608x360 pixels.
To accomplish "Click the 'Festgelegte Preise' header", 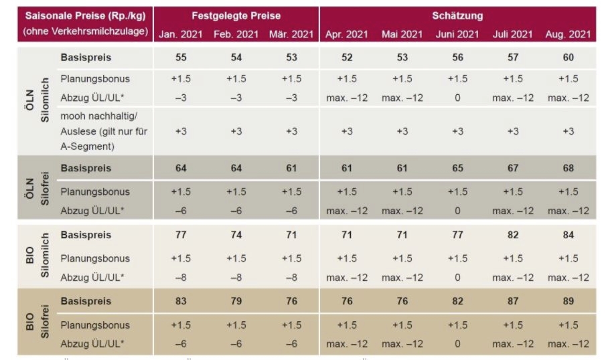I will click(x=236, y=15).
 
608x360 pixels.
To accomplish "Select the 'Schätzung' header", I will click(x=457, y=15).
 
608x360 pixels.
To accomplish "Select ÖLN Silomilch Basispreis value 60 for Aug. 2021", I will click(x=568, y=58).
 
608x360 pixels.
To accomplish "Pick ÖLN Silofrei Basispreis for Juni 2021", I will click(x=457, y=169).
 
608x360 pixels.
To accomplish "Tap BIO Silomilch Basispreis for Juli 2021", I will click(x=512, y=236).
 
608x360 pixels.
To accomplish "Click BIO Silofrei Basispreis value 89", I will click(x=568, y=302).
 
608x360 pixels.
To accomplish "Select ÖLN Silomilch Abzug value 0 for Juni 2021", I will click(x=457, y=98).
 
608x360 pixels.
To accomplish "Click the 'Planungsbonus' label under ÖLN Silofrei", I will click(x=95, y=192).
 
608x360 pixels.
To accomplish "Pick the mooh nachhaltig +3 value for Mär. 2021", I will click(x=291, y=132).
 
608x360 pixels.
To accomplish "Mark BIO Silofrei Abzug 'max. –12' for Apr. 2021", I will click(x=347, y=344).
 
